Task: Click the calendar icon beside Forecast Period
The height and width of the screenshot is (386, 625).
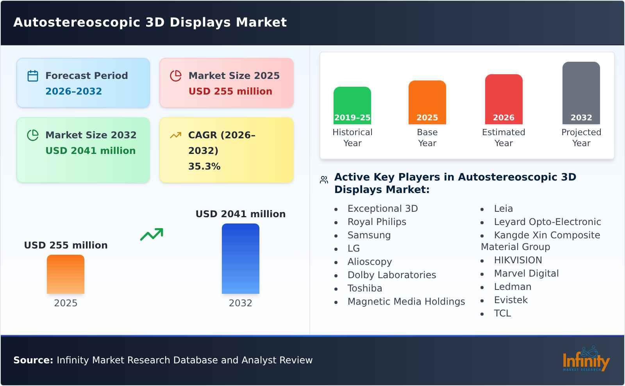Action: (x=33, y=76)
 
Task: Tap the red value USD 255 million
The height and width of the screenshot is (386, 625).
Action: (x=230, y=91)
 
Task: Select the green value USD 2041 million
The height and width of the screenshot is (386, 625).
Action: (x=90, y=150)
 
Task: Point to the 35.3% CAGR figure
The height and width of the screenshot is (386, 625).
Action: (x=204, y=166)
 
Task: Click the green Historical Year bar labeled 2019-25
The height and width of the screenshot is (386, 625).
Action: (x=352, y=105)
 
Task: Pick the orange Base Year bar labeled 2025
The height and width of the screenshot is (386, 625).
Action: (x=427, y=102)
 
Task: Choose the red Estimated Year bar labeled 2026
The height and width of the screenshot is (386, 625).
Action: (x=504, y=99)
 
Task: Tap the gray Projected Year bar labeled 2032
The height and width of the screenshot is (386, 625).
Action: (x=581, y=93)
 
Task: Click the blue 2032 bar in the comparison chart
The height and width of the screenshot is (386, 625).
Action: (x=240, y=259)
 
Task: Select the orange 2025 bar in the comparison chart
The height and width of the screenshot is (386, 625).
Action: (x=66, y=274)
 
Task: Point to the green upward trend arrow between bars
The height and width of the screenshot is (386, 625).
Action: (x=152, y=234)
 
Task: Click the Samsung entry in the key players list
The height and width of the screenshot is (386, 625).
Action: (x=369, y=235)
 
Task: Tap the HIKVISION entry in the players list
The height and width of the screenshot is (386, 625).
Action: (x=518, y=260)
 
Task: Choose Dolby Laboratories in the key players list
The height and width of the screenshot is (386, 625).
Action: (x=391, y=275)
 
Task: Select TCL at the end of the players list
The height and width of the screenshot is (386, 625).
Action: (x=502, y=313)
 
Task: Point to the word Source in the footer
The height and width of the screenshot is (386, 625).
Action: (x=33, y=360)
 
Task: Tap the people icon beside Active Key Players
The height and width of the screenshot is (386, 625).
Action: (x=324, y=180)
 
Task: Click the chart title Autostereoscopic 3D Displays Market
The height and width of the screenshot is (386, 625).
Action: (x=150, y=22)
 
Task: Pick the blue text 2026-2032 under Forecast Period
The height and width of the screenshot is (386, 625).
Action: (x=73, y=91)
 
